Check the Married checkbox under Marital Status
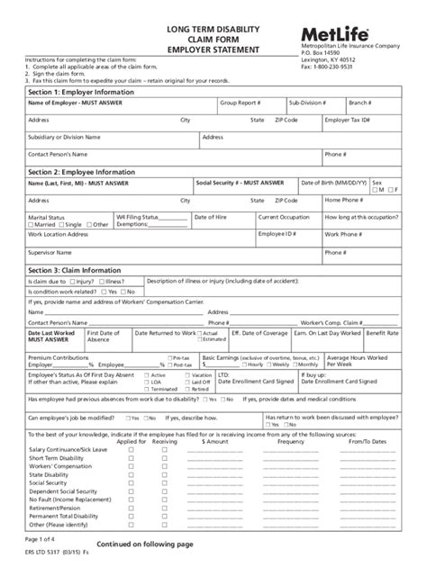pyautogui.click(x=31, y=224)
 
